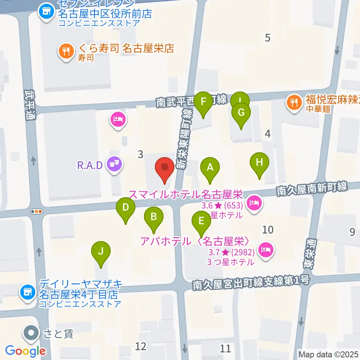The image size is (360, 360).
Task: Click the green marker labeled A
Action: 210,167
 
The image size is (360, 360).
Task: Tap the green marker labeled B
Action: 154,216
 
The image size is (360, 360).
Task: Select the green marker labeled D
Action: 126,207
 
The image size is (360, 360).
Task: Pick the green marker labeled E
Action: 201,220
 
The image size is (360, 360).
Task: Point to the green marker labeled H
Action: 259,162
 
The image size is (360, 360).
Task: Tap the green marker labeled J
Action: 100,251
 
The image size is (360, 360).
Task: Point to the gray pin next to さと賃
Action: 31,332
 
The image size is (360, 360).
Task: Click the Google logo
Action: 25,351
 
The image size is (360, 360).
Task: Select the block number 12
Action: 141,346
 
